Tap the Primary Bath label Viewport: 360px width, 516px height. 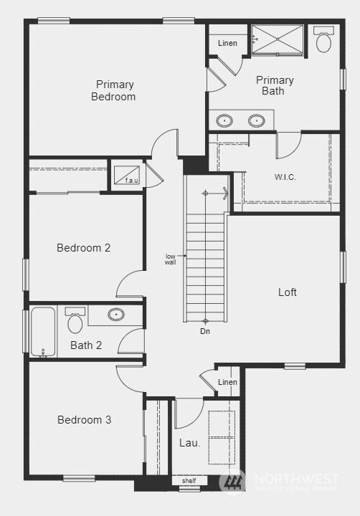pos(275,85)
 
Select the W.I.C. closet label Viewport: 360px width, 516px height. pos(285,177)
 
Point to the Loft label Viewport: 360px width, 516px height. pos(288,292)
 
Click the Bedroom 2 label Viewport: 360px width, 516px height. pos(84,248)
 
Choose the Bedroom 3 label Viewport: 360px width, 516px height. pos(84,420)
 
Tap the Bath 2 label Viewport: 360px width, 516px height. pos(86,345)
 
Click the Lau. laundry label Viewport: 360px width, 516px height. pos(189,443)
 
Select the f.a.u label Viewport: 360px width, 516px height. pos(132,181)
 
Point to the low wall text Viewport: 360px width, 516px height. pos(171,259)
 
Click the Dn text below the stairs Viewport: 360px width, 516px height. pos(205,331)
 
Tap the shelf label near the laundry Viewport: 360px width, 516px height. pos(189,481)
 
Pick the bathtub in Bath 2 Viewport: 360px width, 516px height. pos(43,330)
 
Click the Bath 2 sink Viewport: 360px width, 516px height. pos(115,314)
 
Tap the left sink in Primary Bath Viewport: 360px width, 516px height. pos(224,120)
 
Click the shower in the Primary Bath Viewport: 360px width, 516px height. pos(278,39)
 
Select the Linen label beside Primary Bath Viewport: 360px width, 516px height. pos(228,44)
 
